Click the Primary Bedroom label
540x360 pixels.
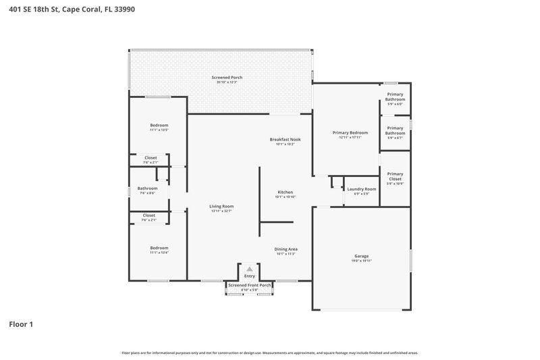point(350,133)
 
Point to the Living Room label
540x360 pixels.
point(221,206)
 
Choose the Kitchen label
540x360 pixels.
point(285,192)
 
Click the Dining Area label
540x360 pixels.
point(286,249)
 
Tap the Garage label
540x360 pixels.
point(361,256)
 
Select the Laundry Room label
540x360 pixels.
point(361,189)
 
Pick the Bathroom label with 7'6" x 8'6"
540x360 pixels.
point(147,188)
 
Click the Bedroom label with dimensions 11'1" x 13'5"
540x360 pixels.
point(159,126)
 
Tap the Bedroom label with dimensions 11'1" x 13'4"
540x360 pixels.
point(159,248)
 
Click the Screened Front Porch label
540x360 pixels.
point(250,285)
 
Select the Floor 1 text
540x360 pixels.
point(21,324)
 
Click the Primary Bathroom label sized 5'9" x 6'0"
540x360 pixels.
point(395,97)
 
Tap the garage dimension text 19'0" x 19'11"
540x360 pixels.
point(361,261)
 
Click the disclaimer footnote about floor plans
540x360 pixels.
point(270,353)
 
